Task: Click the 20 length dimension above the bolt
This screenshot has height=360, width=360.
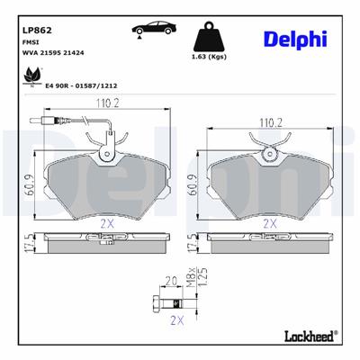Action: coord(172,281)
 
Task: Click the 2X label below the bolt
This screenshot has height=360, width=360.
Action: coord(176,320)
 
